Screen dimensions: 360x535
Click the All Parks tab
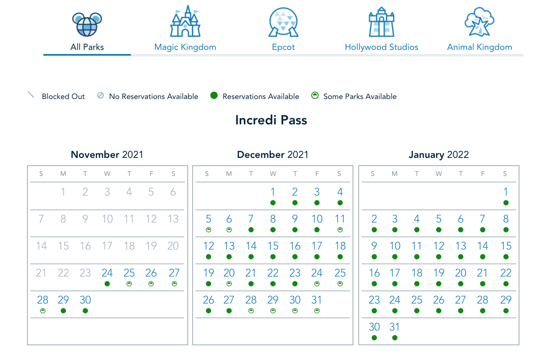(x=87, y=47)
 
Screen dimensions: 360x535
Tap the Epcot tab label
(x=283, y=47)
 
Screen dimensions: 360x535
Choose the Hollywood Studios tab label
(x=381, y=47)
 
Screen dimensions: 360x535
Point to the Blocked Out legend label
(x=63, y=97)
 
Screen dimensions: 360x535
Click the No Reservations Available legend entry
(x=153, y=97)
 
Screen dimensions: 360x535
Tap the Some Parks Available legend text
(x=360, y=97)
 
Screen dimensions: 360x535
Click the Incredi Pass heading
(x=271, y=120)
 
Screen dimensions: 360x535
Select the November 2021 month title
(x=107, y=155)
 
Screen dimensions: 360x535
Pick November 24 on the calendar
(x=107, y=273)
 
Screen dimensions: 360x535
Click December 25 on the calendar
(x=340, y=273)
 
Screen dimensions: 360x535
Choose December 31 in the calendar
(x=317, y=300)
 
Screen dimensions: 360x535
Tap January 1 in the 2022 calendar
(x=506, y=192)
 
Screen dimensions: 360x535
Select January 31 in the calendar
(x=395, y=327)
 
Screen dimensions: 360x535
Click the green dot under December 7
(x=251, y=230)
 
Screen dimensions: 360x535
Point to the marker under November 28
(x=43, y=311)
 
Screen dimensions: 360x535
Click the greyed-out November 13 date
(x=173, y=219)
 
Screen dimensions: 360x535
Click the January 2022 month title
(x=438, y=155)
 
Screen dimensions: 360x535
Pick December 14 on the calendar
(x=251, y=246)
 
